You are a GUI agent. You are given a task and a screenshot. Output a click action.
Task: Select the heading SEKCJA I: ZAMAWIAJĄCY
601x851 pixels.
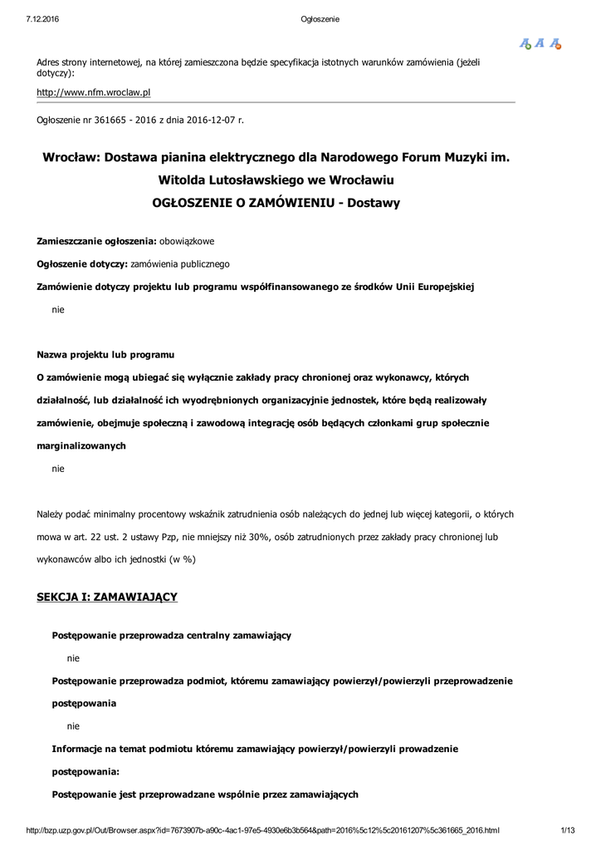click(x=107, y=597)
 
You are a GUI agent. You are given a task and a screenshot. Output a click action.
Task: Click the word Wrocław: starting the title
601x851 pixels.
click(x=71, y=156)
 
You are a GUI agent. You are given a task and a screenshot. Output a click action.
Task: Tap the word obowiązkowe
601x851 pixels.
click(x=187, y=241)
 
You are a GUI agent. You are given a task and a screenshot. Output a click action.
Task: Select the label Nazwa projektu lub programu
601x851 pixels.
click(x=105, y=355)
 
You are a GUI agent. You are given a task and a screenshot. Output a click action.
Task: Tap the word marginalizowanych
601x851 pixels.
click(x=81, y=446)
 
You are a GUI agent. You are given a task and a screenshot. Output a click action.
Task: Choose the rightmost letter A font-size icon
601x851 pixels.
click(x=555, y=43)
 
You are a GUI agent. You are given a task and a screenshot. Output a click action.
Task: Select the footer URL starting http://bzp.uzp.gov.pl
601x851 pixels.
click(x=263, y=830)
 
